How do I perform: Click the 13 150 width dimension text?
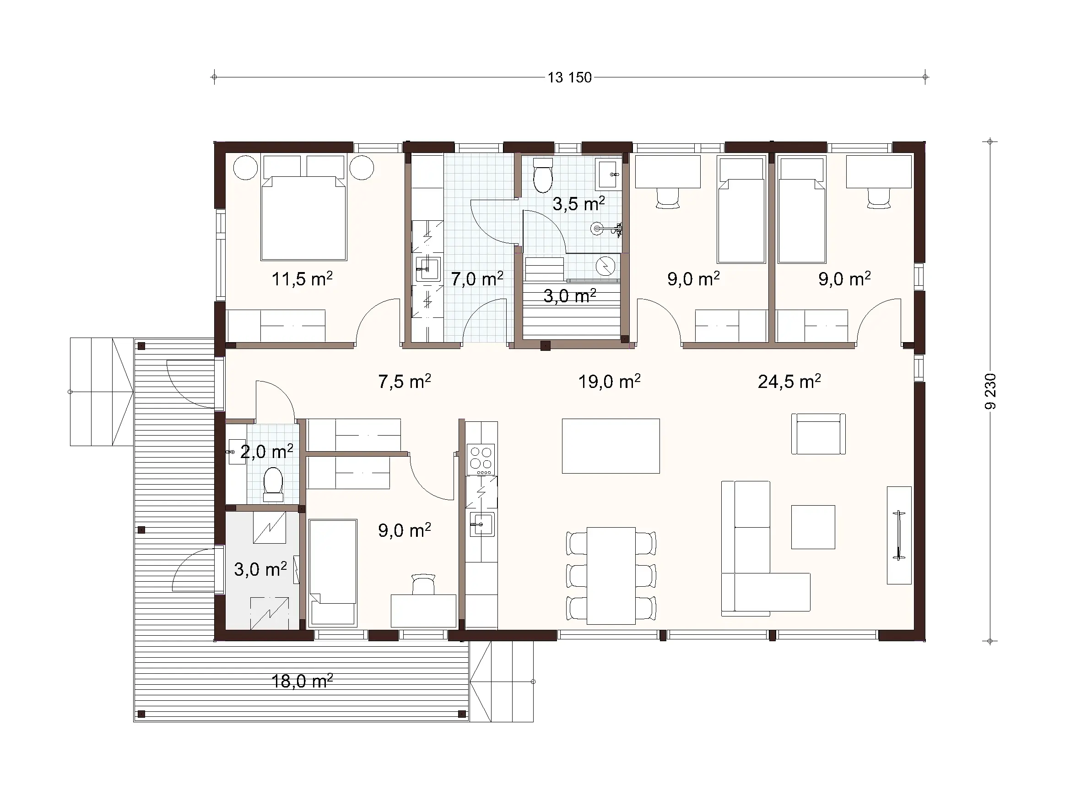pyautogui.click(x=569, y=77)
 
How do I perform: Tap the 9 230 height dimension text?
pyautogui.click(x=990, y=391)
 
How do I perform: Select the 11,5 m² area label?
pyautogui.click(x=302, y=279)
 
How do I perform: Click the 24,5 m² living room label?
pyautogui.click(x=789, y=382)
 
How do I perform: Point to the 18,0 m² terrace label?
pyautogui.click(x=302, y=682)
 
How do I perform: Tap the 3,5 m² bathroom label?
pyautogui.click(x=578, y=204)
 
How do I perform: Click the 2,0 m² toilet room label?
pyautogui.click(x=266, y=452)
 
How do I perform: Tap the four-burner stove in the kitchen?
pyautogui.click(x=481, y=459)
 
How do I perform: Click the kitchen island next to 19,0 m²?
pyautogui.click(x=611, y=446)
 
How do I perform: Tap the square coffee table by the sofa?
pyautogui.click(x=813, y=527)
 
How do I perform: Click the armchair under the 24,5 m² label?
pyautogui.click(x=818, y=434)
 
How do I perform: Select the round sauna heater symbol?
pyautogui.click(x=605, y=265)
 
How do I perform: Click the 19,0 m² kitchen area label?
pyautogui.click(x=609, y=382)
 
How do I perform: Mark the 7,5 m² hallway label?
pyautogui.click(x=405, y=382)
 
